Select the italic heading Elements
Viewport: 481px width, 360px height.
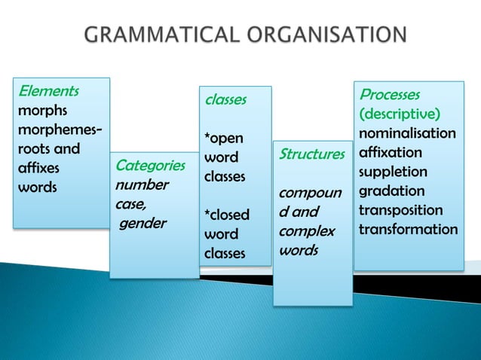47,91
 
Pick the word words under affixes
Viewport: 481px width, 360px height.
37,187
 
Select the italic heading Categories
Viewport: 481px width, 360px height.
150,165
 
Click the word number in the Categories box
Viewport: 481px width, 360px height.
142,185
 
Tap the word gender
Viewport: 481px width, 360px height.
143,223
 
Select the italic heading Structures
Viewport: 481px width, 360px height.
312,154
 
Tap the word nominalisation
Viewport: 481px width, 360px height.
407,133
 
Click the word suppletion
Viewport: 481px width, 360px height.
393,172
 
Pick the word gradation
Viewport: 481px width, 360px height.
392,191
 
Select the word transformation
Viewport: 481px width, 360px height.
408,229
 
